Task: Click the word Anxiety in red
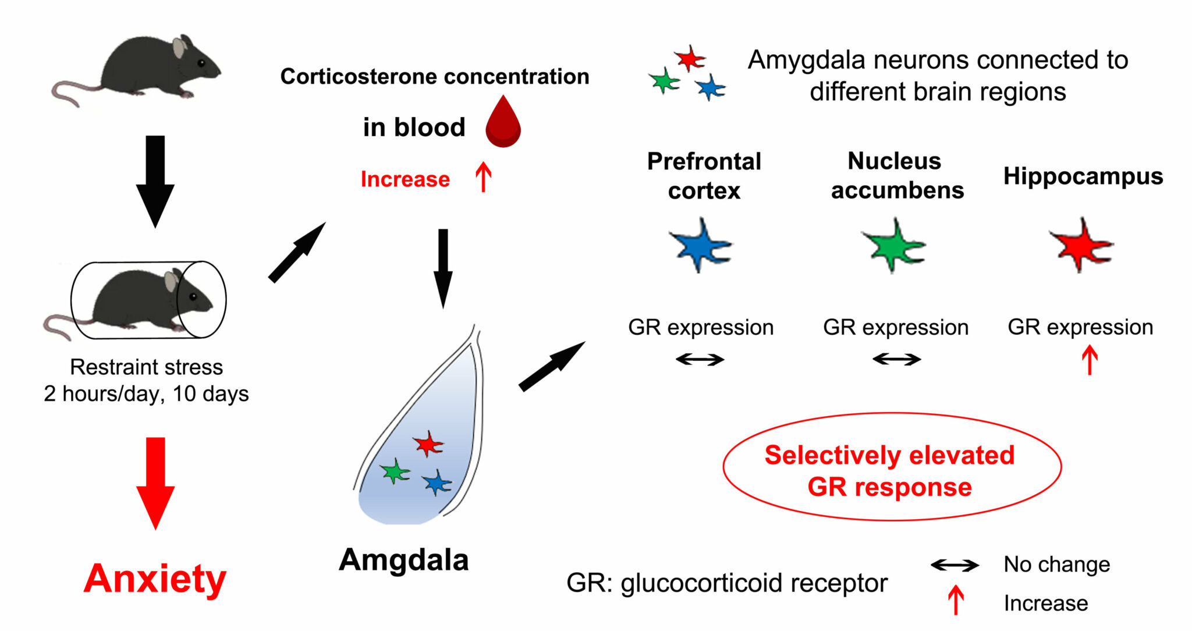point(155,579)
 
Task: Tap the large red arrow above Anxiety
point(155,483)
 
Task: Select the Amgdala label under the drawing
point(404,560)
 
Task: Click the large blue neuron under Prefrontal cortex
point(701,245)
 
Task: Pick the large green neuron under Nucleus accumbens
point(894,245)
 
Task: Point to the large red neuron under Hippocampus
point(1081,245)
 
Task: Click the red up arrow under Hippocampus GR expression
point(1090,360)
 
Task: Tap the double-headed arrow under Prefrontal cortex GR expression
point(700,360)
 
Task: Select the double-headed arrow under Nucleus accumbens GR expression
point(897,360)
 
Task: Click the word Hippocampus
point(1083,176)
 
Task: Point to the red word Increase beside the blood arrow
point(405,179)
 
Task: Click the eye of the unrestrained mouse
point(201,63)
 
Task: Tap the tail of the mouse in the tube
point(64,326)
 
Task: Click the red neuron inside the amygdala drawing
point(428,444)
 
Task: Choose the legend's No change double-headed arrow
point(955,565)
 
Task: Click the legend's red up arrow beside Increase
point(956,600)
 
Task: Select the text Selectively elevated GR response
point(890,470)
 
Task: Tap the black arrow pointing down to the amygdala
point(443,268)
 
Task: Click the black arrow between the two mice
point(155,182)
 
